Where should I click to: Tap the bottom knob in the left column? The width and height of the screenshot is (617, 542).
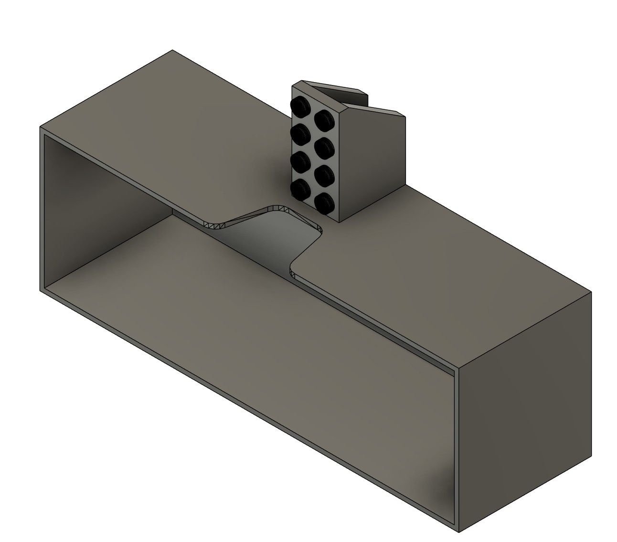pyautogui.click(x=300, y=190)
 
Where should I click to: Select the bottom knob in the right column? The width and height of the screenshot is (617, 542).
pyautogui.click(x=325, y=202)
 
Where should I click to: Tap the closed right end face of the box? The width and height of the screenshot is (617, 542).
pyautogui.click(x=525, y=411)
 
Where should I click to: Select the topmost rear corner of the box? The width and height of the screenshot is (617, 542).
pyautogui.click(x=172, y=50)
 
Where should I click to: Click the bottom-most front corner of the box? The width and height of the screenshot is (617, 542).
pyautogui.click(x=458, y=531)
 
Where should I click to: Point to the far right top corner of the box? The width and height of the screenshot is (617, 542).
pyautogui.click(x=591, y=292)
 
